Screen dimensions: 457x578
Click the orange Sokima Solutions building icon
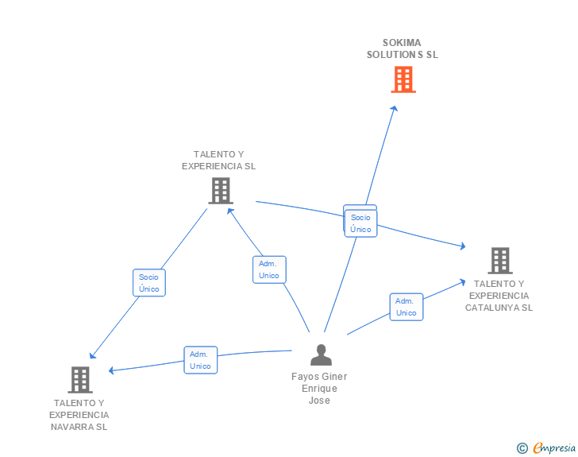pos(403,79)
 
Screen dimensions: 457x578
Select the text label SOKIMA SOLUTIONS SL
pos(402,49)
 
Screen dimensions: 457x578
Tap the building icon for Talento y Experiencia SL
pos(220,190)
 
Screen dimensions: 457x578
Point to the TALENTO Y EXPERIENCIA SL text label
pos(218,161)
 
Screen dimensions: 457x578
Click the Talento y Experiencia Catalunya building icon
pos(499,260)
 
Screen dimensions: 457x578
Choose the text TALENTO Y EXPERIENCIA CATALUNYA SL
pos(499,296)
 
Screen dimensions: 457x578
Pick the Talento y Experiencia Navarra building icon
pos(79,380)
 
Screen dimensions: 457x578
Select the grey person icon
pos(321,355)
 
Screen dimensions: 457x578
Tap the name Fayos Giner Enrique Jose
pos(319,389)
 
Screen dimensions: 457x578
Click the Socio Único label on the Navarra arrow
pos(148,283)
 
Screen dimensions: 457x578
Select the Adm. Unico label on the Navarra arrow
pos(200,360)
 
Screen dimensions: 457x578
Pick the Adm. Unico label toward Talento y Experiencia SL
pos(269,269)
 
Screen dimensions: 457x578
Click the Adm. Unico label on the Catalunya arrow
pos(406,307)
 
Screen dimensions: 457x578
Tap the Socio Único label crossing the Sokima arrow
pos(360,223)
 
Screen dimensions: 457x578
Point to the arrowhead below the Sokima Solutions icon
pos(395,107)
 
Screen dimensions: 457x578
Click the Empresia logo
pos(554,448)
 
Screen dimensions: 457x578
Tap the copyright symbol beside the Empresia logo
pos(522,448)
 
